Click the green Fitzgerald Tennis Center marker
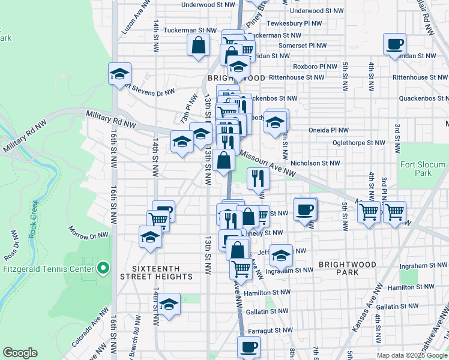tap(103, 268)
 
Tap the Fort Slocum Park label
tap(423, 169)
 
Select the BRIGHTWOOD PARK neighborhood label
tap(348, 268)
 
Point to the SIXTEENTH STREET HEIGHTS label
tap(156, 272)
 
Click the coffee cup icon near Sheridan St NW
tap(394, 44)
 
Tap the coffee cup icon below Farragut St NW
tap(249, 347)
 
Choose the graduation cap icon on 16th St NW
tap(119, 74)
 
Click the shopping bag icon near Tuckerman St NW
tap(198, 45)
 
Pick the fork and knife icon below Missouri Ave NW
tap(256, 178)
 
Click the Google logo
tap(20, 353)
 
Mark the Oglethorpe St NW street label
tap(359, 143)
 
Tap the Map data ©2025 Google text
tap(412, 355)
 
